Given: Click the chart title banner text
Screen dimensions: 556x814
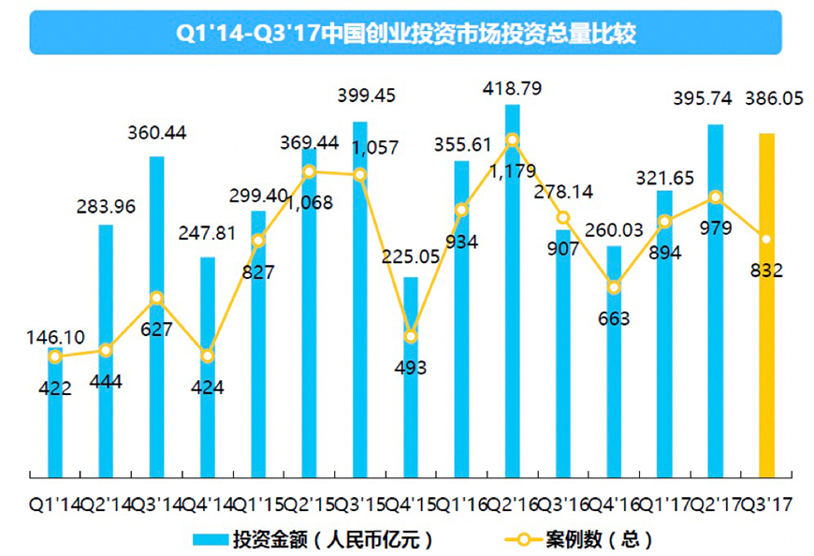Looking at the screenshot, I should click(x=406, y=34).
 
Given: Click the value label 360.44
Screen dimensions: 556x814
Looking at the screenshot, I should click(x=157, y=133).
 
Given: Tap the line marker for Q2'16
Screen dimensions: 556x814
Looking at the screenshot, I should click(x=512, y=140).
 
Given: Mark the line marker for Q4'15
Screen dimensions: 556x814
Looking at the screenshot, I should click(x=410, y=336).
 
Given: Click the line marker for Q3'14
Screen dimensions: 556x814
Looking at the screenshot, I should click(x=157, y=299).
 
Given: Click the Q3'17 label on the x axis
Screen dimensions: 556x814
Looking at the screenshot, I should click(x=767, y=505).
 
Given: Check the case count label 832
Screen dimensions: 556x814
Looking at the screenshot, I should click(x=765, y=271).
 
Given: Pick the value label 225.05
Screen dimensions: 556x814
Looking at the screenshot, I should click(x=411, y=256).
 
